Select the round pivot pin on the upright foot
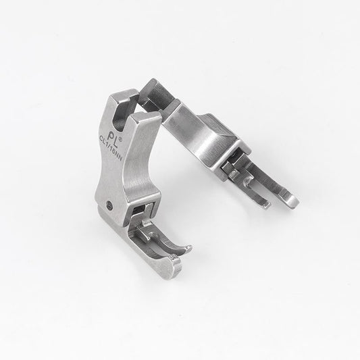(110, 204)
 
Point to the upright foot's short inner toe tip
(189, 249)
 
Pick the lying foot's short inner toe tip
(266, 205)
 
